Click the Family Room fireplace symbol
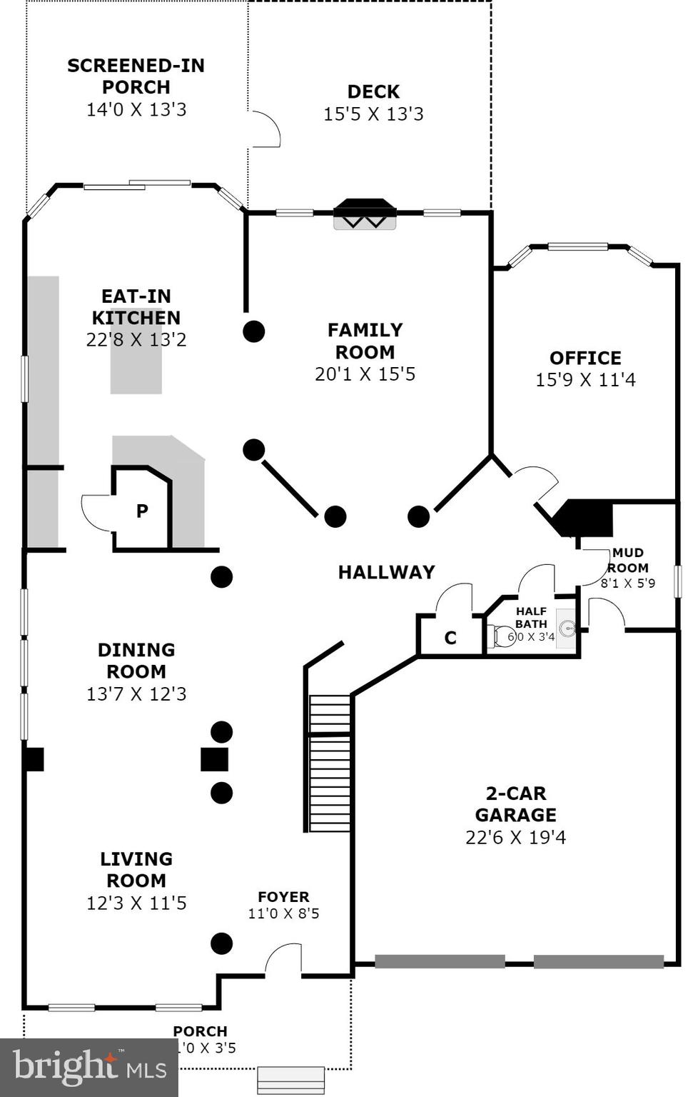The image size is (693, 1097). point(365,214)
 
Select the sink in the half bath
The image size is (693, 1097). point(567,628)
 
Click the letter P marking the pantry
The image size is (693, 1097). point(142,511)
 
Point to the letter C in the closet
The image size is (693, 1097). point(450,638)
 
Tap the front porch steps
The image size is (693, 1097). point(290,1079)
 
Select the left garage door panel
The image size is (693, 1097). point(440,961)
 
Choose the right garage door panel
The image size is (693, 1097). point(598,961)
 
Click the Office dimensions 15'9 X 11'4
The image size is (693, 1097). point(585,380)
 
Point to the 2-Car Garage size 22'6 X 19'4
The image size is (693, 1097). point(515,837)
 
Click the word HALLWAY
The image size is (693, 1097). point(386,572)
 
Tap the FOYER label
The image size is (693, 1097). point(283,897)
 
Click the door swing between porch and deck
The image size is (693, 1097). point(265,129)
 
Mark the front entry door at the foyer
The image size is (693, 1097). point(284,961)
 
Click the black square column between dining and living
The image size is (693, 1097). point(214,759)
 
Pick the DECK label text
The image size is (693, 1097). point(373,91)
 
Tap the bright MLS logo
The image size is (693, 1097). point(88,1067)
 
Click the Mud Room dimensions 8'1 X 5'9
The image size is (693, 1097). point(627,583)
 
